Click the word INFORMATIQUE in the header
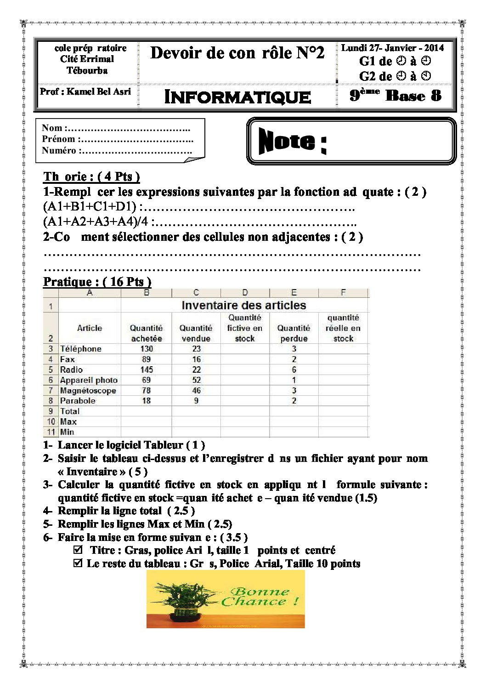pos(237,97)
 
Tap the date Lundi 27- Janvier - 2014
pos(392,48)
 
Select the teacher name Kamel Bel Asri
pos(98,91)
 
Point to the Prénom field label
pos(58,139)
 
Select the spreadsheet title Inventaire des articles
pos(243,305)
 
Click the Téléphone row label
pos(81,349)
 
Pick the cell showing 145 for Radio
pos(147,370)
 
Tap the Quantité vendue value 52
pos(196,380)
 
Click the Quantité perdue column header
pos(294,333)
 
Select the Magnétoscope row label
pos(88,391)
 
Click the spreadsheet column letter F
pos(343,293)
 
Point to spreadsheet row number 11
pos(51,432)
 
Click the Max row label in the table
pos(68,421)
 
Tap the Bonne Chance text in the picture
pos(260,597)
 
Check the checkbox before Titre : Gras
pos(78,549)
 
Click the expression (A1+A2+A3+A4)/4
pos(96,222)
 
